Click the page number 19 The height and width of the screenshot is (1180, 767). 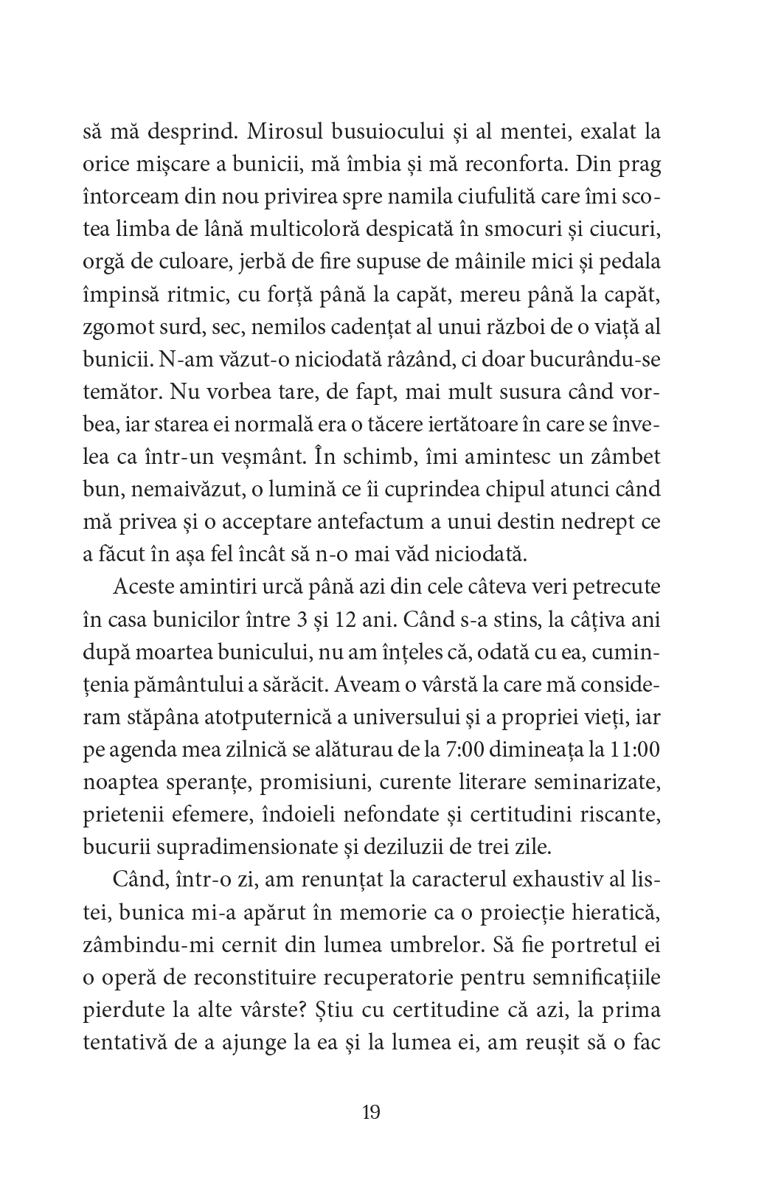371,1111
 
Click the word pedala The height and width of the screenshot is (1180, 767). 634,263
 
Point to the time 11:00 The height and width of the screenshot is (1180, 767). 635,747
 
